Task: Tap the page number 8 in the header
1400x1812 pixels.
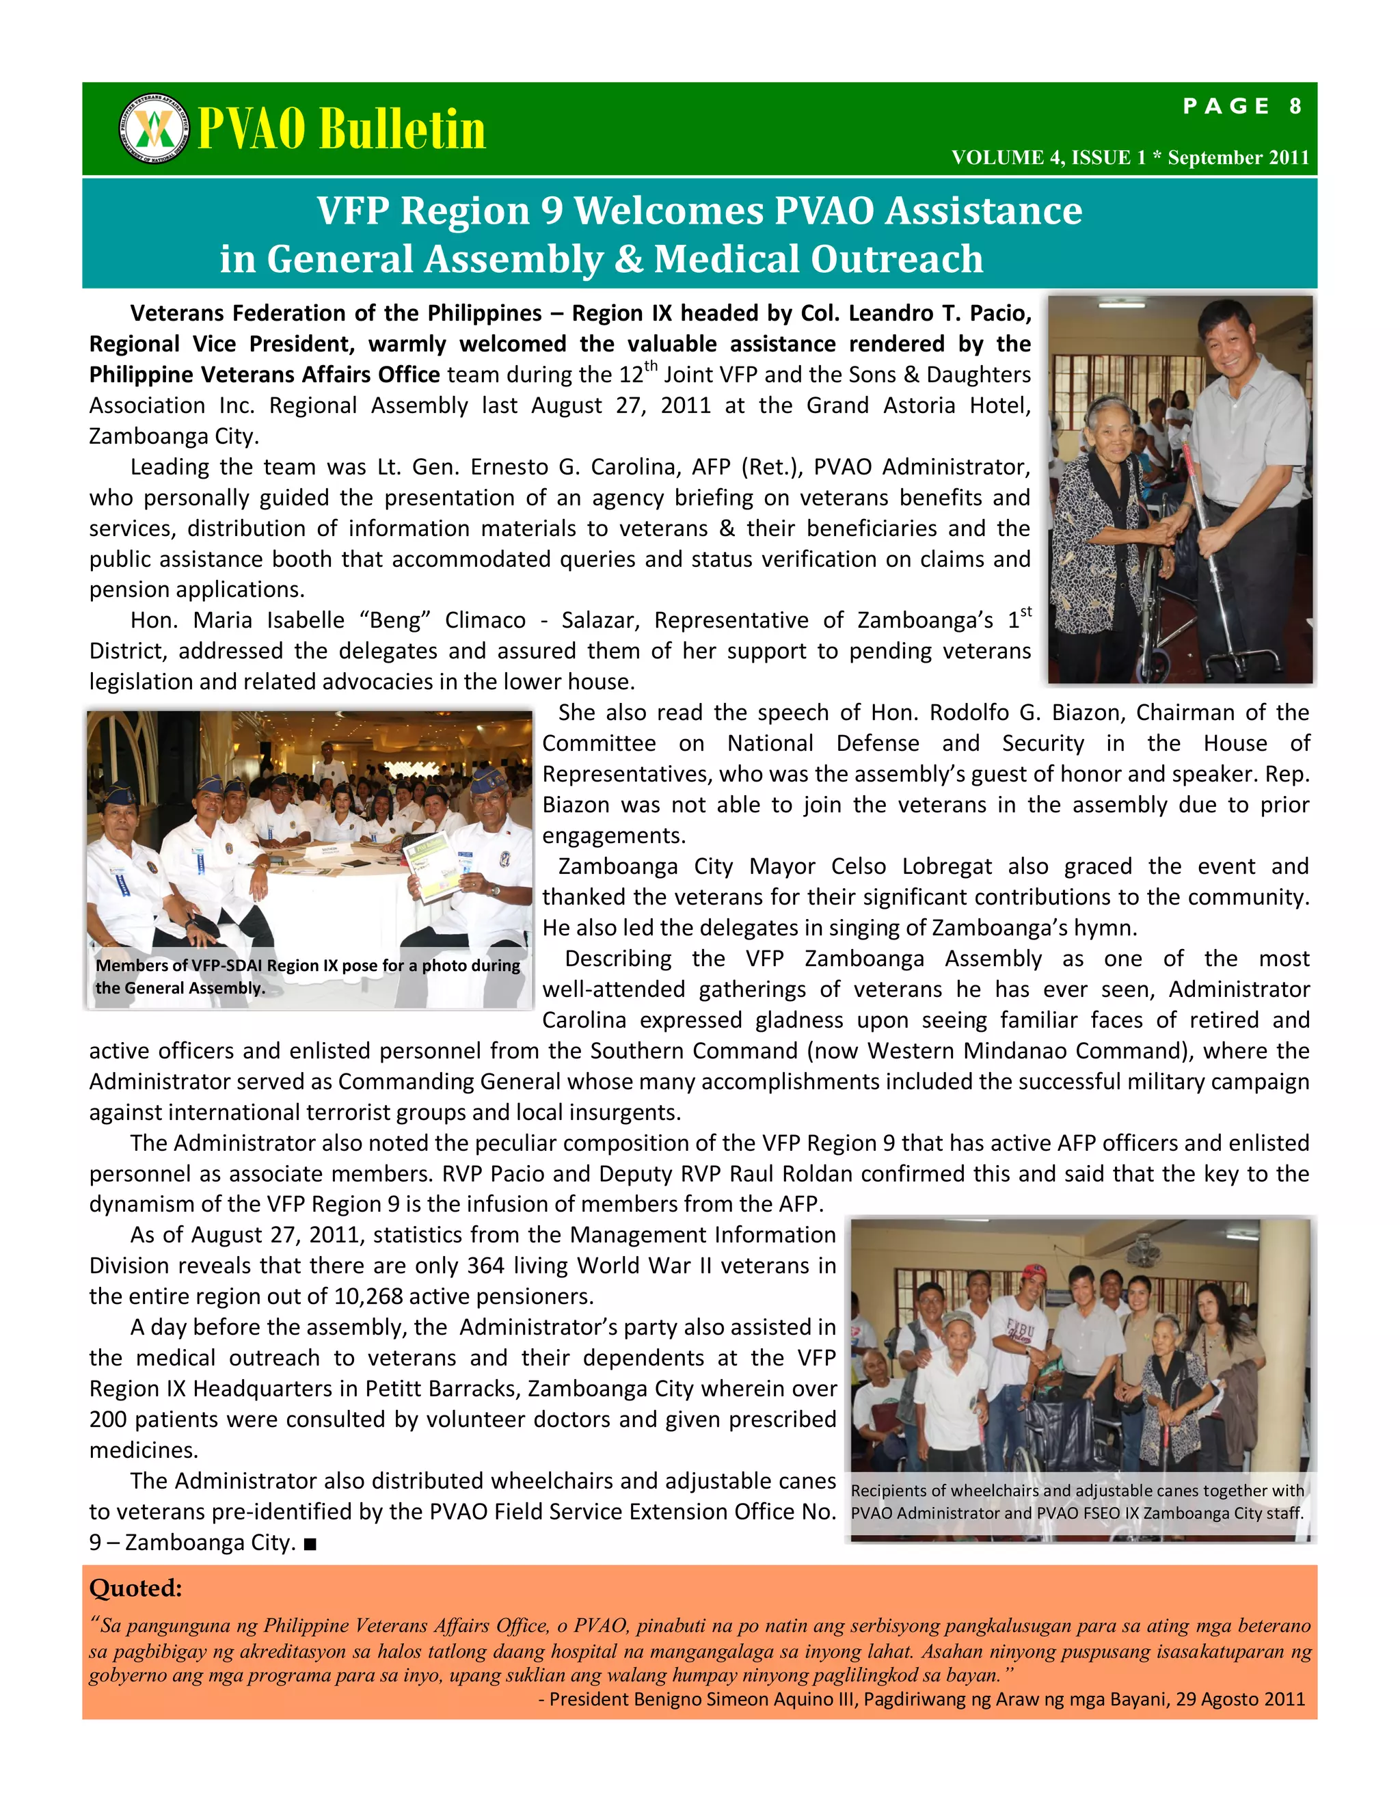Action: [x=1295, y=106]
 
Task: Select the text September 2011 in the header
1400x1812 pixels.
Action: [x=1237, y=158]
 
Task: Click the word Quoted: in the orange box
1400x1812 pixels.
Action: [x=135, y=1588]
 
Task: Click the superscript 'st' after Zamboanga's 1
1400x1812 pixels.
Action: [x=1026, y=612]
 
